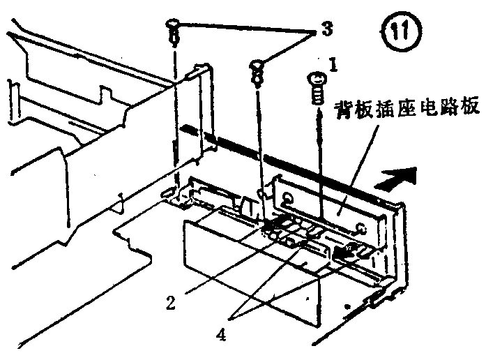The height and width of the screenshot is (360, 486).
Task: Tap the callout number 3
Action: pos(324,29)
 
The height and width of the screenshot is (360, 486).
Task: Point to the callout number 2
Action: pos(169,302)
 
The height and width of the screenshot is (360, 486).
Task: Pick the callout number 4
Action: pos(221,334)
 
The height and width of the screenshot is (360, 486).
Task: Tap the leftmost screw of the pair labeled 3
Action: pos(174,28)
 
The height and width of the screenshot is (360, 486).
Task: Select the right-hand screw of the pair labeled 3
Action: pos(258,68)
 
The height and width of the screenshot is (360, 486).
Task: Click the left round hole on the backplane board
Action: pos(287,201)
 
